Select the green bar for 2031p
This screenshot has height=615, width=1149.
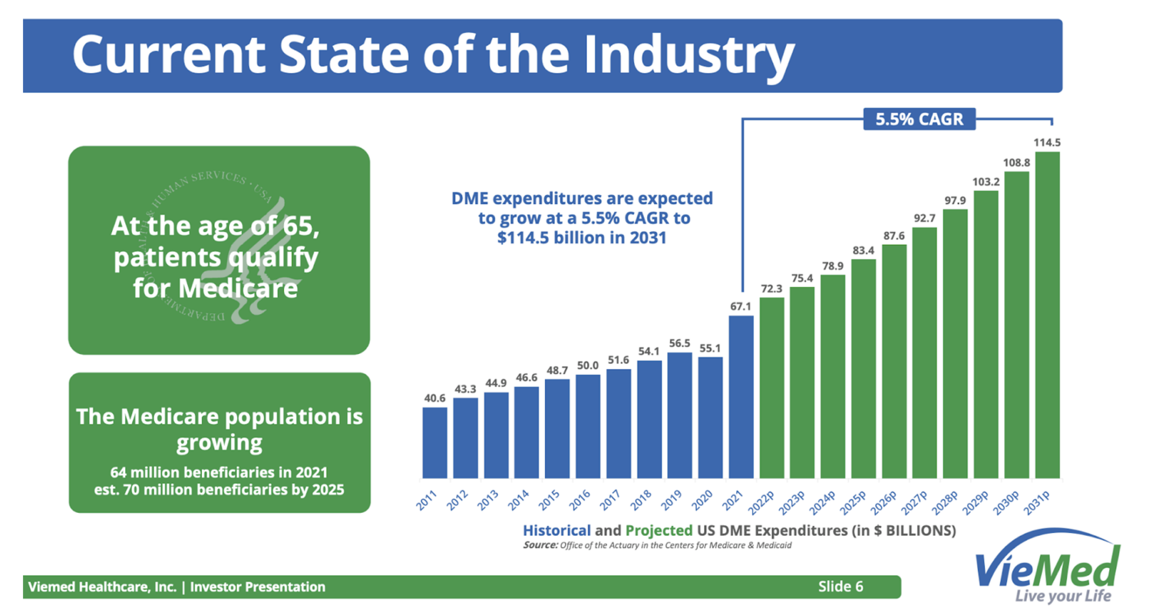coord(1047,315)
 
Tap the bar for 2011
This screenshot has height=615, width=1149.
coord(434,443)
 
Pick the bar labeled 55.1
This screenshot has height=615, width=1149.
coord(710,417)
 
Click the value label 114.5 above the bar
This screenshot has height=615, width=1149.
coord(1047,143)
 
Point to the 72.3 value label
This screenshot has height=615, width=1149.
coord(771,288)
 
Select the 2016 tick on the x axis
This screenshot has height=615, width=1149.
coord(580,499)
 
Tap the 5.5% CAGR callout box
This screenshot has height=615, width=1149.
coord(919,119)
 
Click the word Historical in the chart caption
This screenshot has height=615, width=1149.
coord(557,530)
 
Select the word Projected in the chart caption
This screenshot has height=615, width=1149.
coord(659,530)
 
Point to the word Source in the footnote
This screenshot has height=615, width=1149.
coord(540,545)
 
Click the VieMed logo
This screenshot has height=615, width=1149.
coord(1047,568)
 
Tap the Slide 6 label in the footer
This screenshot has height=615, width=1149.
coord(840,586)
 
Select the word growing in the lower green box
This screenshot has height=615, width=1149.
coord(219,443)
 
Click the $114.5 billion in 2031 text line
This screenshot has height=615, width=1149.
coord(582,237)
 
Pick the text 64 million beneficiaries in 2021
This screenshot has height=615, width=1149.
coord(219,472)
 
